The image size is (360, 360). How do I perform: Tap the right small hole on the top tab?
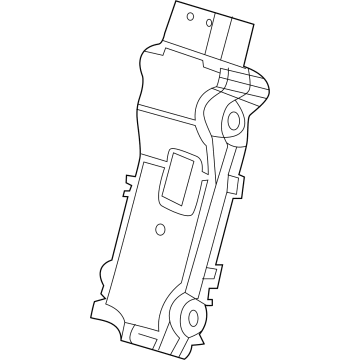tap(209, 22)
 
